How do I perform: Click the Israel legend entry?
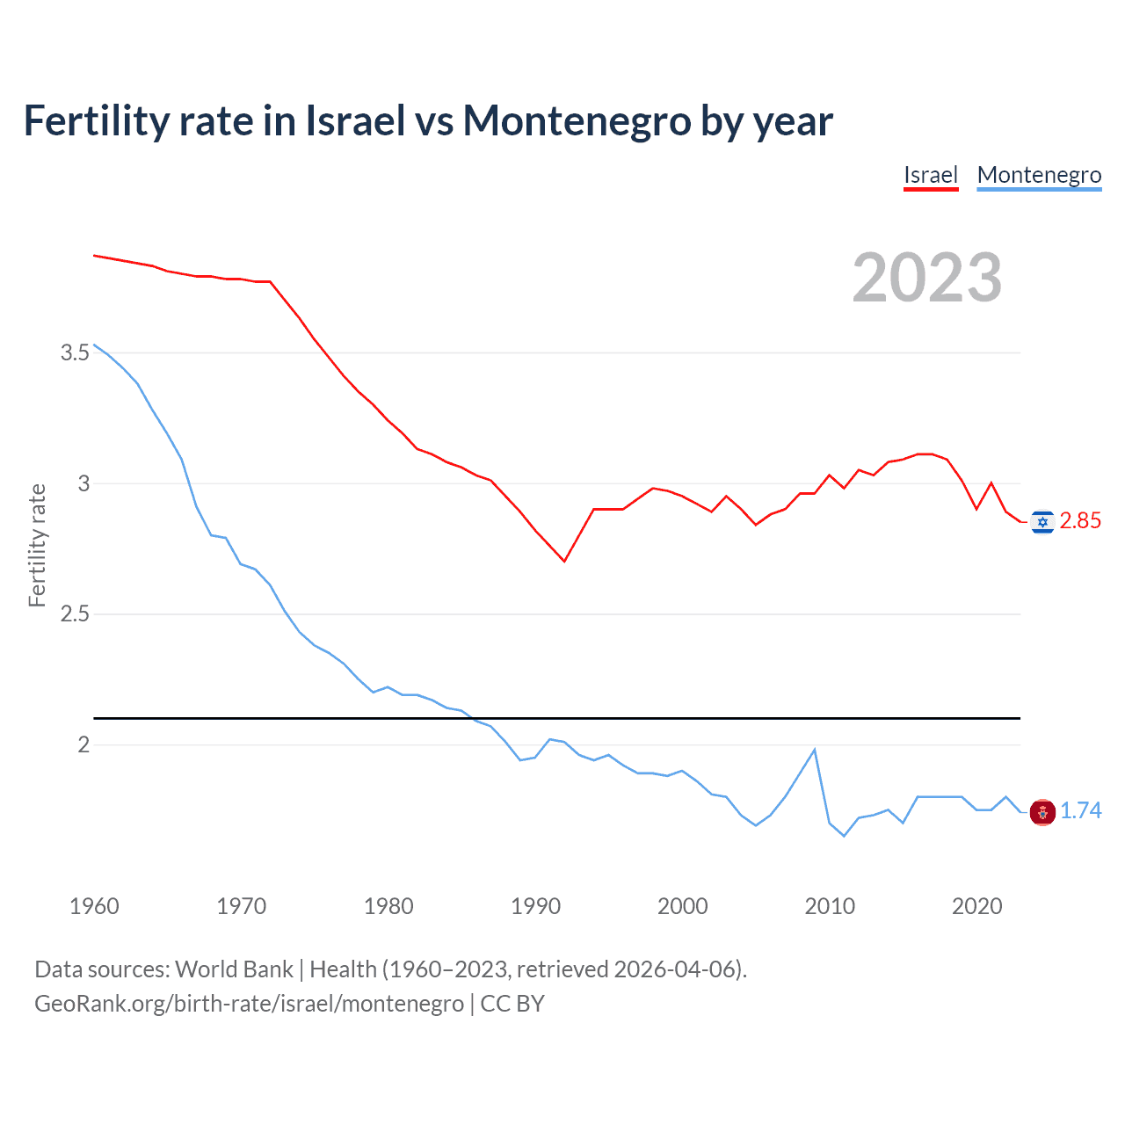(x=930, y=175)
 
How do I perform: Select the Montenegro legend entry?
(x=1039, y=175)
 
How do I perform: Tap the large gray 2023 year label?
(x=927, y=278)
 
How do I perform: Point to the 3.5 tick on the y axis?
(x=75, y=353)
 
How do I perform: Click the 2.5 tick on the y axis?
(x=75, y=614)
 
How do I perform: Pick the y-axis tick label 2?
(x=83, y=745)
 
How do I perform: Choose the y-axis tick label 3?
(x=83, y=483)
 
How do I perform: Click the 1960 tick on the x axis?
(x=94, y=906)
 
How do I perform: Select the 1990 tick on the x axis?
(x=535, y=906)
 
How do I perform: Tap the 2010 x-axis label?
(x=830, y=906)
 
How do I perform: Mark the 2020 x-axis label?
(x=976, y=906)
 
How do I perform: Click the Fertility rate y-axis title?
(x=37, y=545)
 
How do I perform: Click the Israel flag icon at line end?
(x=1042, y=522)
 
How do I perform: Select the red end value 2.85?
(x=1080, y=521)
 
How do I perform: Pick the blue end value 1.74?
(x=1080, y=811)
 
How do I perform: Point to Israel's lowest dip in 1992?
(x=564, y=561)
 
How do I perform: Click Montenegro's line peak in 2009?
(x=815, y=750)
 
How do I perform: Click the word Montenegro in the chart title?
(x=577, y=121)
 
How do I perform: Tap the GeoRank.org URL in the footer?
(x=249, y=1004)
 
